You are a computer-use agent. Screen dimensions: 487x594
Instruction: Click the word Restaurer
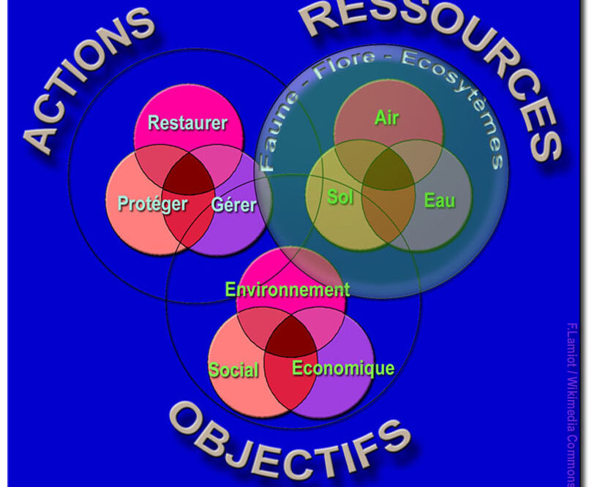187,123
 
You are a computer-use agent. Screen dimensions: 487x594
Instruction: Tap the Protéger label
153,204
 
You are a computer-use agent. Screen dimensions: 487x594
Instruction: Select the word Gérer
233,204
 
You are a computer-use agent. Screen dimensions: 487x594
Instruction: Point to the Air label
387,117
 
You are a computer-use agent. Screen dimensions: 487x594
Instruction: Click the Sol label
340,197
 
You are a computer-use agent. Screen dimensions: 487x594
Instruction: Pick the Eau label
440,200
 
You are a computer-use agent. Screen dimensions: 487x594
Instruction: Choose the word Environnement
287,290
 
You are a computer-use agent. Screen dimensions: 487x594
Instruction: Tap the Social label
233,370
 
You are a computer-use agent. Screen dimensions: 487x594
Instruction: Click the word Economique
343,368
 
